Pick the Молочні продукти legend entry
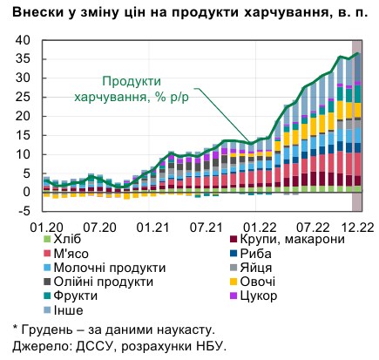[95, 268]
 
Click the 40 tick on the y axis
[22, 40]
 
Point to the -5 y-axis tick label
[22, 210]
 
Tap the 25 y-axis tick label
[22, 97]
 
